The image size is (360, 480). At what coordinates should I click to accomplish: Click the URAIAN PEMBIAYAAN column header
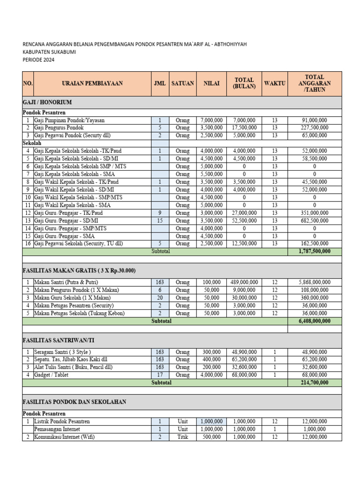pyautogui.click(x=92, y=83)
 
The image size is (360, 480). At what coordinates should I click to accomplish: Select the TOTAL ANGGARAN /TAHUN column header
pyautogui.click(x=314, y=83)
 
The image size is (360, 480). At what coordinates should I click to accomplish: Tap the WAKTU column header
pyautogui.click(x=274, y=83)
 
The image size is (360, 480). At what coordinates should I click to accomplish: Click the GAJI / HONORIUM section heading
pyautogui.click(x=47, y=102)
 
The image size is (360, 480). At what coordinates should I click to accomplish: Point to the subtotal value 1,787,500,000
pyautogui.click(x=314, y=252)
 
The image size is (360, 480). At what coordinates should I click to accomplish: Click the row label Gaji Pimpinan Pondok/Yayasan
pyautogui.click(x=69, y=120)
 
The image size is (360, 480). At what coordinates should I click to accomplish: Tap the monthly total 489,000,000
pyautogui.click(x=244, y=283)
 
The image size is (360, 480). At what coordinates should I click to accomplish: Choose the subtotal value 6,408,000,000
pyautogui.click(x=314, y=321)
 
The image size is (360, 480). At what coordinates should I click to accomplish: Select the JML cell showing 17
pyautogui.click(x=159, y=375)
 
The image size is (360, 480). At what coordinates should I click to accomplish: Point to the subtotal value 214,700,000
pyautogui.click(x=314, y=382)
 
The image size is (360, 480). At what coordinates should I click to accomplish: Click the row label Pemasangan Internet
pyautogui.click(x=57, y=429)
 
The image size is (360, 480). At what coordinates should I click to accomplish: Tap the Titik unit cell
pyautogui.click(x=182, y=437)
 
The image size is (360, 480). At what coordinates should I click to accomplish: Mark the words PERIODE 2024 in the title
pyautogui.click(x=38, y=60)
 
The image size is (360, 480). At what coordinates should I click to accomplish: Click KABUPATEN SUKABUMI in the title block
pyautogui.click(x=49, y=52)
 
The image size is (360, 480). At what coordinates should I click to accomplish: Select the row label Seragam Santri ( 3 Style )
pyautogui.click(x=63, y=352)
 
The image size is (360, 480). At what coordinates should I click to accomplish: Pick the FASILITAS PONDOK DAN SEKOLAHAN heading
pyautogui.click(x=75, y=402)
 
